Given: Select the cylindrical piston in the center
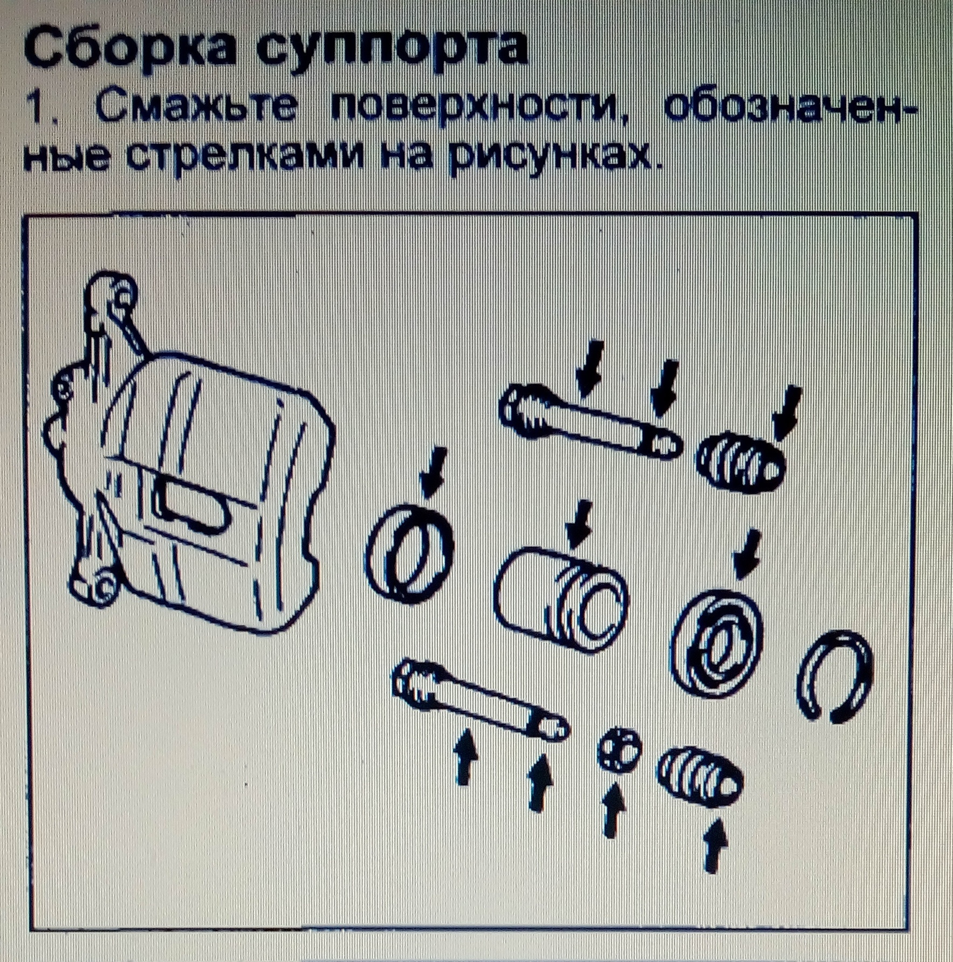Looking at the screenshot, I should pyautogui.click(x=561, y=599).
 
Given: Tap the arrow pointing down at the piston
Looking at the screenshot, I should pyautogui.click(x=580, y=523).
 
